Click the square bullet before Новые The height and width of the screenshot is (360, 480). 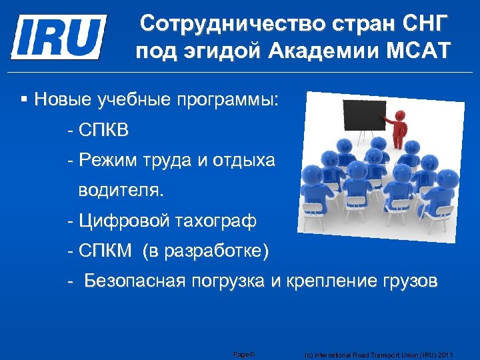pos(24,100)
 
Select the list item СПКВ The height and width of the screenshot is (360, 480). pos(103,131)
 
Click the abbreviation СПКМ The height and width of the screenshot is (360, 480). pos(104,251)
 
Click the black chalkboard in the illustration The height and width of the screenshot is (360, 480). pos(364,115)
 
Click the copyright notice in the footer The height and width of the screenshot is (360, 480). pos(378,355)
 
